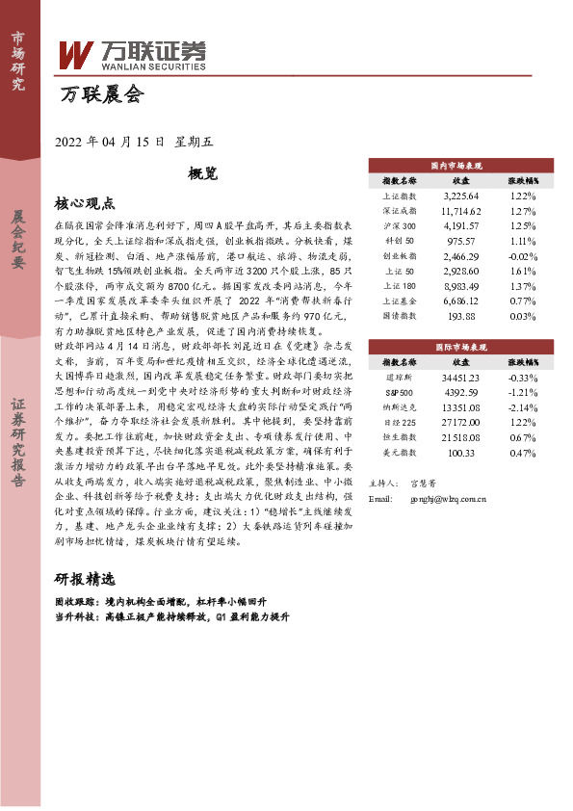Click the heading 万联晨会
coord(101,95)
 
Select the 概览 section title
coord(202,172)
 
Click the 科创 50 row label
coord(399,240)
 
